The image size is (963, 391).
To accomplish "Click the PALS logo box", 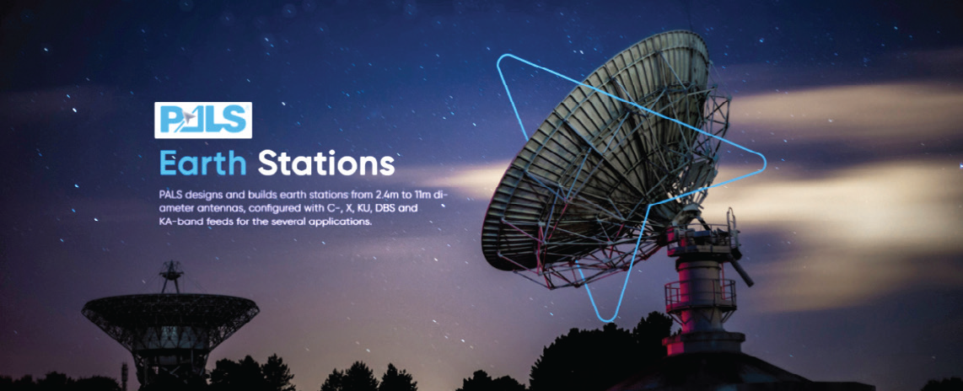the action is point(203,120).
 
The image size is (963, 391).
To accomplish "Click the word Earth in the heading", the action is point(202,163).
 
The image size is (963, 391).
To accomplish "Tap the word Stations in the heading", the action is point(325,163).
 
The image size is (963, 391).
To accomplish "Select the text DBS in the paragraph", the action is point(395,209).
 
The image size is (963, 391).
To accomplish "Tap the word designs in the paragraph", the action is point(205,195).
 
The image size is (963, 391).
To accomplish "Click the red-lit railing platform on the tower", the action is point(701,293).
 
